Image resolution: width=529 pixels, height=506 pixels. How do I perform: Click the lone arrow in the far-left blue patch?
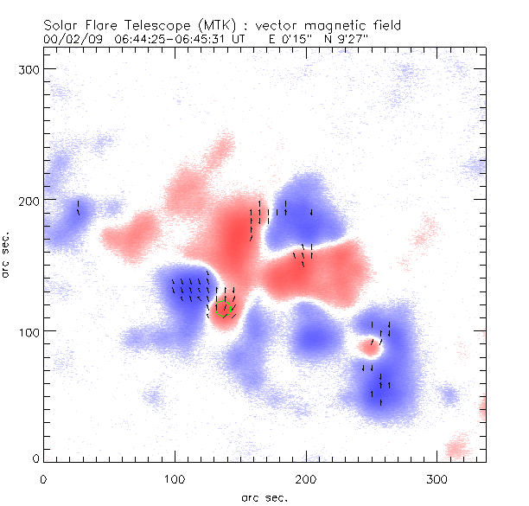coord(78,208)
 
